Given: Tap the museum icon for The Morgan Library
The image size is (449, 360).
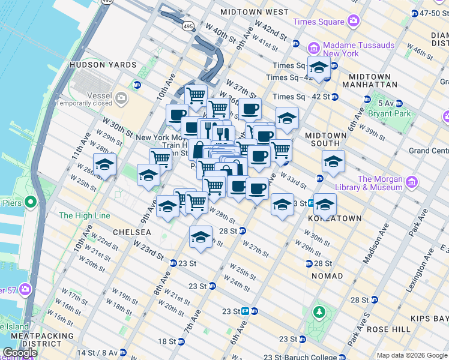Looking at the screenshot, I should coord(411,182).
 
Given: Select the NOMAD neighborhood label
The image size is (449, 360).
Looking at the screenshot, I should coord(327,276).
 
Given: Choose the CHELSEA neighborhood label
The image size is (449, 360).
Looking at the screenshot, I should coord(131,232).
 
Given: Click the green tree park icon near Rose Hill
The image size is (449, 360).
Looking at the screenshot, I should coord(319,313).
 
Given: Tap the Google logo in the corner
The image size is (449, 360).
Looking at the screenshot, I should coord(20,353).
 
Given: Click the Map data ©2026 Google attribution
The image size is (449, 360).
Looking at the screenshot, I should coord(412,355).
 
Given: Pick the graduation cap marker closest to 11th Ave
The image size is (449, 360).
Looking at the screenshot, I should coord(104,165).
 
